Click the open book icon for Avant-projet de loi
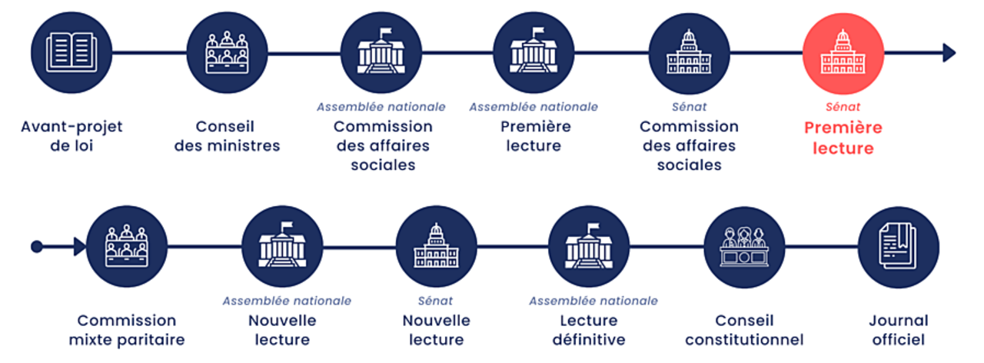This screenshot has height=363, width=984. coord(71,52)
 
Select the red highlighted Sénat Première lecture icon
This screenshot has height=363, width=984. coord(843,52)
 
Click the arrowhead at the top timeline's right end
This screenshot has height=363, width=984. coord(949,52)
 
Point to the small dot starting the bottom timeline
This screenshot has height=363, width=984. coord(36,246)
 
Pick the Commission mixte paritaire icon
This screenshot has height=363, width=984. coord(127,246)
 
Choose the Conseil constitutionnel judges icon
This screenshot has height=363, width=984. coord(744,246)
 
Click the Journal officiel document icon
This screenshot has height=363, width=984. coord(898,246)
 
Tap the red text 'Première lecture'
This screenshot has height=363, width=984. coord(843,138)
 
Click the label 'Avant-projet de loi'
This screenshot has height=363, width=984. coord(71,135)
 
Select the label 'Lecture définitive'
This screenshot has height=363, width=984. coord(589,330)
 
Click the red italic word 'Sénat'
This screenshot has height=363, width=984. coord(843,107)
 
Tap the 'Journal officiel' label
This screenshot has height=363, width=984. coord(898,330)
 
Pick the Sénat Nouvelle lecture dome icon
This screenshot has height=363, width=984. coord(436,246)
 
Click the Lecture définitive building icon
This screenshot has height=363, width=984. coord(589,246)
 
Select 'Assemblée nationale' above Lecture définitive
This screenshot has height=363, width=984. coord(593,301)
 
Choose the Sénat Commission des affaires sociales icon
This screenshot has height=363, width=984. coord(689,52)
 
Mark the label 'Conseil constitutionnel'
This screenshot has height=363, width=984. coord(744,330)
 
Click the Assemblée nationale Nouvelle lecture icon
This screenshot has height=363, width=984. coord(281,246)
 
